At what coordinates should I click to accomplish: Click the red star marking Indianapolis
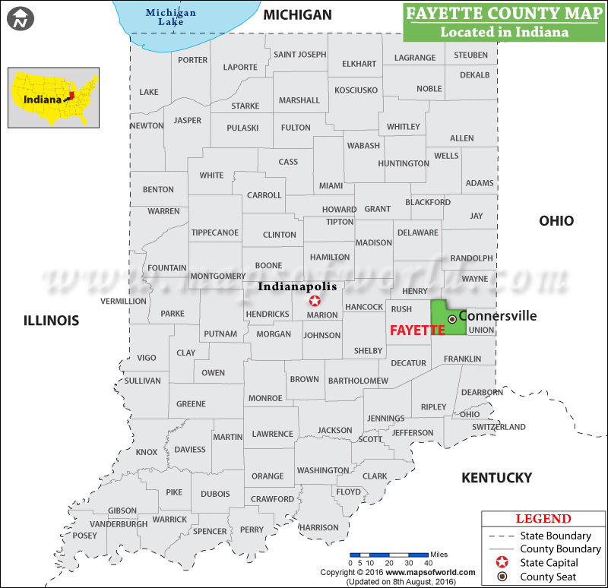point(315,301)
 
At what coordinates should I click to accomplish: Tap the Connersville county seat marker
point(451,318)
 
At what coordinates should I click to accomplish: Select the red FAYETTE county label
point(417,330)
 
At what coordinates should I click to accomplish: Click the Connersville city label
point(498,315)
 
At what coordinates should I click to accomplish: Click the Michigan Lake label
point(170,17)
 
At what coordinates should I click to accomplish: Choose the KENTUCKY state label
point(496,478)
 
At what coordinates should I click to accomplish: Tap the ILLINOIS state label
point(50,321)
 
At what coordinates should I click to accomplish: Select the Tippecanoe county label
point(214,232)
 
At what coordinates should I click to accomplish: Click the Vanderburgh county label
point(119,524)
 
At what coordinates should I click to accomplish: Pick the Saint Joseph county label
point(299,55)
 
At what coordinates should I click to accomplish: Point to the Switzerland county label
point(499,427)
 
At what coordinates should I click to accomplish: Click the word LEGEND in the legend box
point(543,519)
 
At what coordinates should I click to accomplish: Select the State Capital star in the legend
point(501,563)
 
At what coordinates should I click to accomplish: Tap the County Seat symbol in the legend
point(501,577)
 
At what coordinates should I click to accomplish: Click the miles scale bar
point(388,555)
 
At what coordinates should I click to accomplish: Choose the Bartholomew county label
point(357,381)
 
